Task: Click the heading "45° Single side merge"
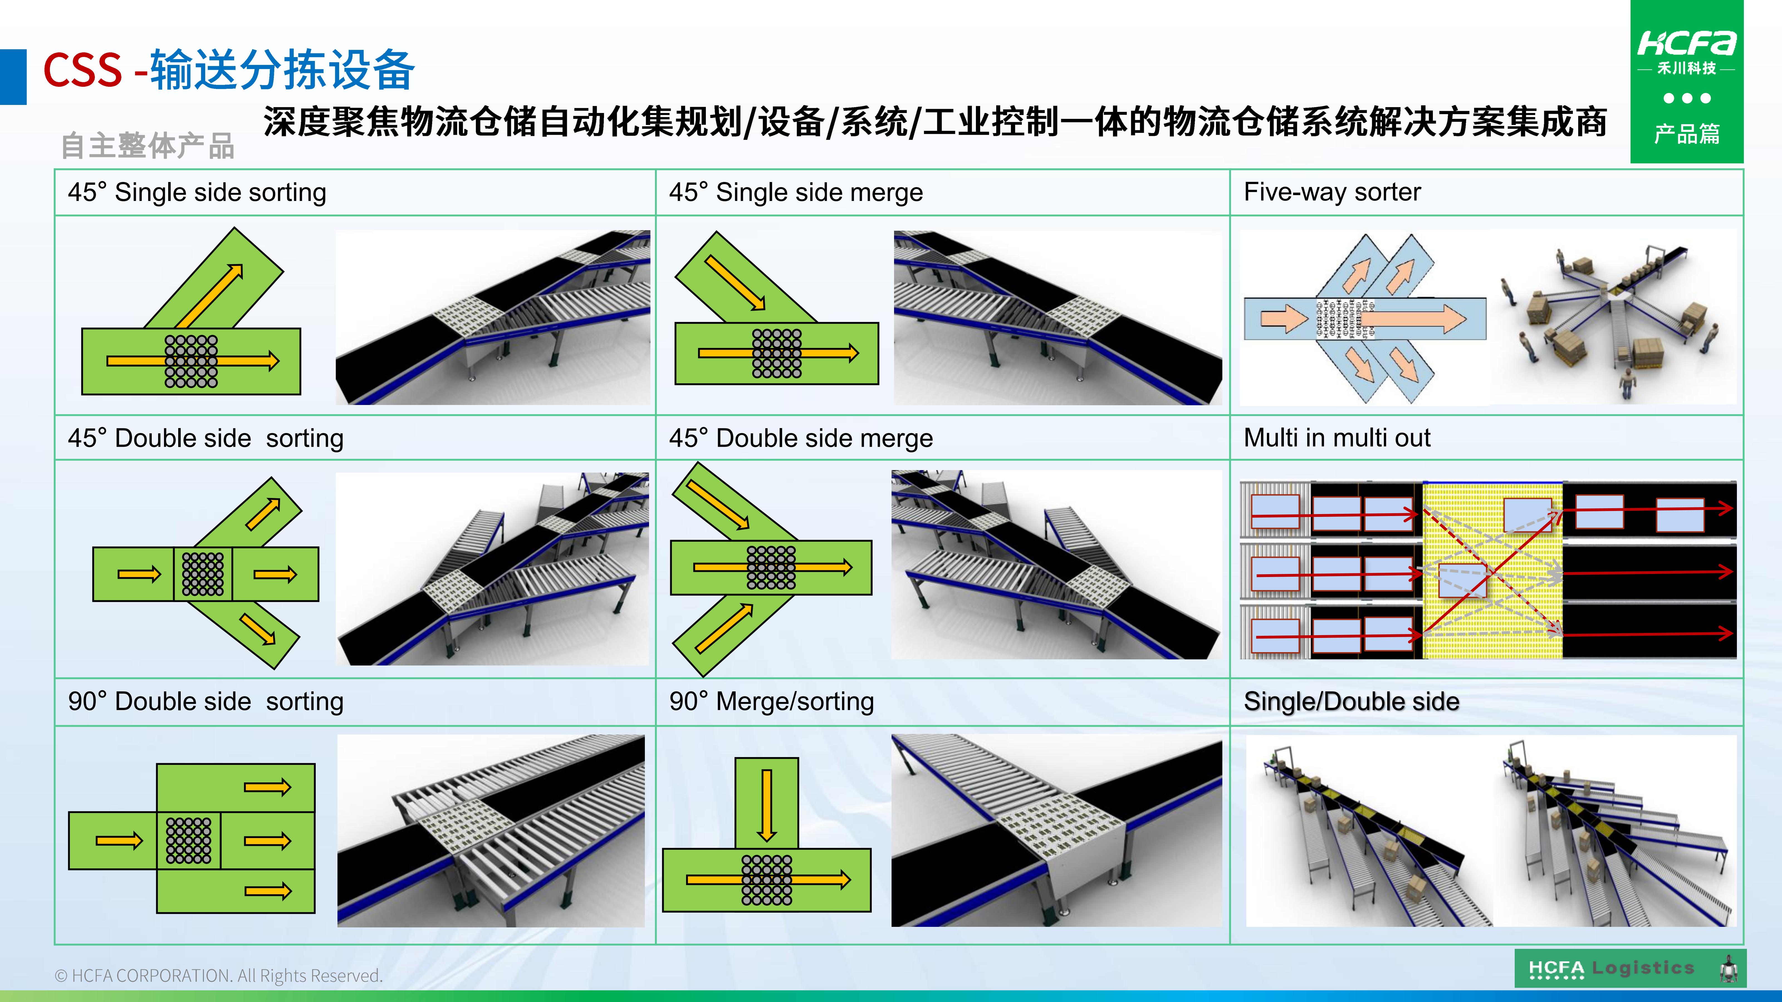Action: pos(795,192)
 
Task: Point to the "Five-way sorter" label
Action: pos(1332,191)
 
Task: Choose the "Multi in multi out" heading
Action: pos(1336,438)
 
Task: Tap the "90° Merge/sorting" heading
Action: pos(771,701)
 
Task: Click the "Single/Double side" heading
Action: pos(1351,701)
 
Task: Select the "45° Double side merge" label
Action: pos(801,438)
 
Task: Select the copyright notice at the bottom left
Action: pos(218,975)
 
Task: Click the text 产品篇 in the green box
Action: pos(1686,134)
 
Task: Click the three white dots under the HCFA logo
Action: pos(1686,98)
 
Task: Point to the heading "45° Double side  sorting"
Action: pos(205,438)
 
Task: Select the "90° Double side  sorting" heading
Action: pos(205,701)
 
